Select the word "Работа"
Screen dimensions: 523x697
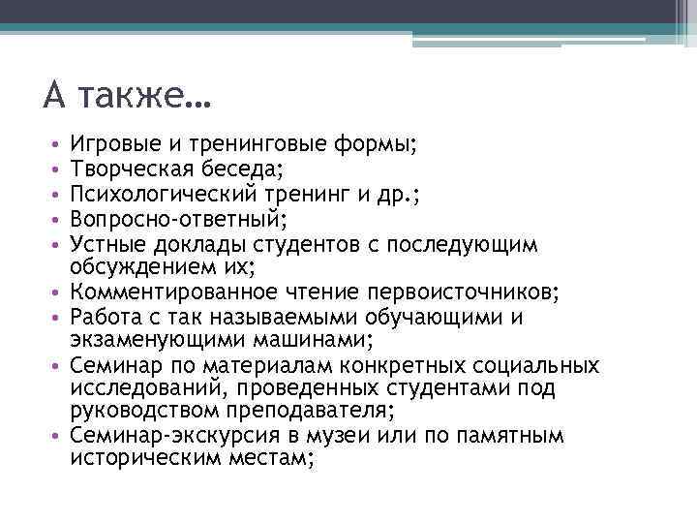click(103, 317)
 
